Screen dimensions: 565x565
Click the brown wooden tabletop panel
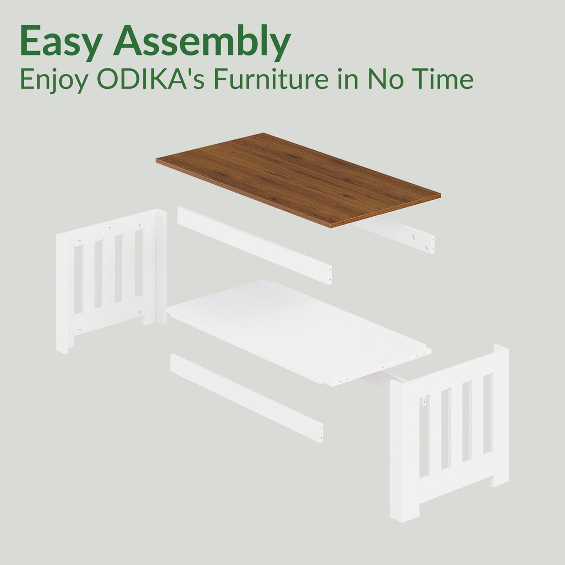tap(298, 179)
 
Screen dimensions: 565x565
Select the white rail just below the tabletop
tap(254, 245)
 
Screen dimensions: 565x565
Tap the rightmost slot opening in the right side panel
tap(487, 413)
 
